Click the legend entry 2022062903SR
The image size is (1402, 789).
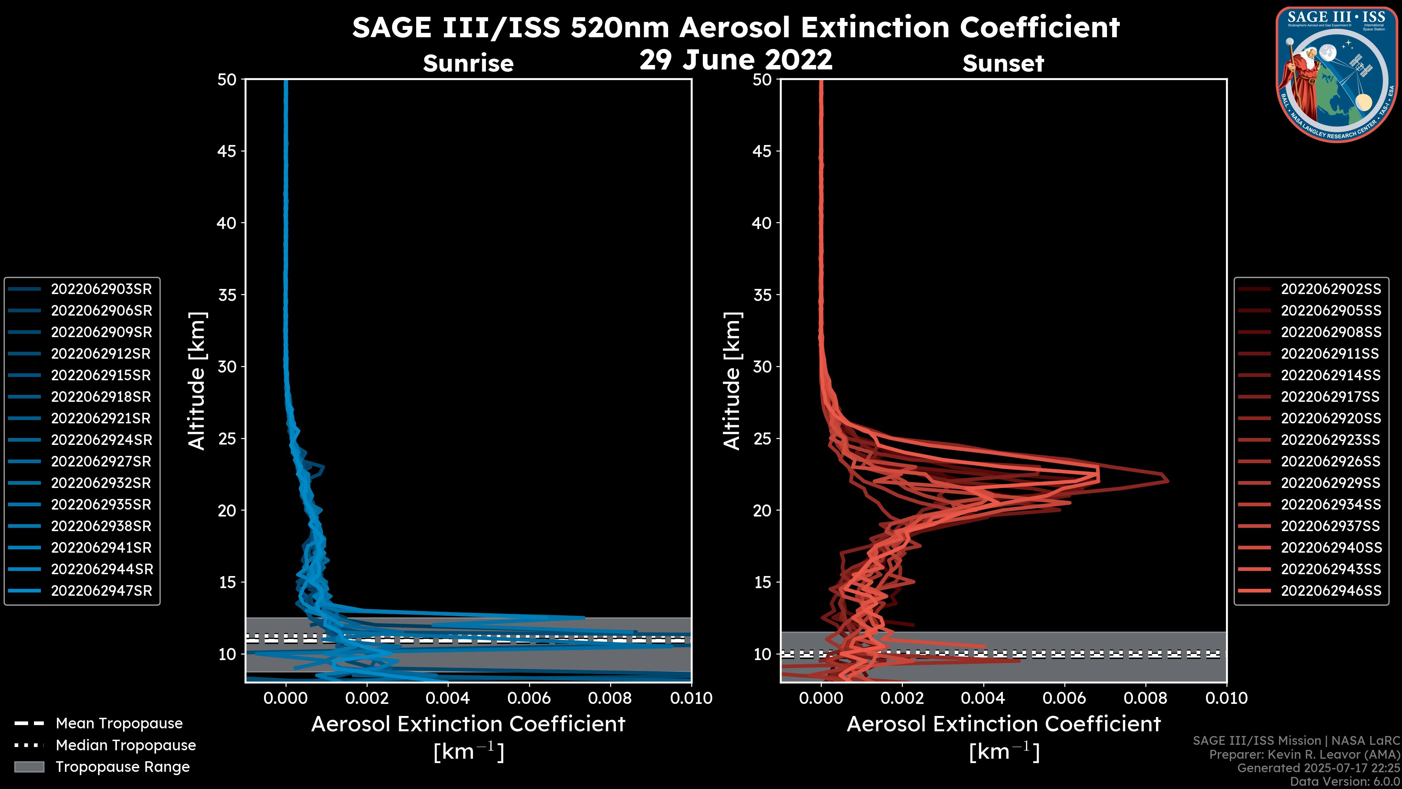tap(101, 289)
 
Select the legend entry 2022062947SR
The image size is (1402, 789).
tap(101, 591)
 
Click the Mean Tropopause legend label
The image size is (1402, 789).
tap(119, 724)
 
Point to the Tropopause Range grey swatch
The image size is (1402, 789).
tap(29, 767)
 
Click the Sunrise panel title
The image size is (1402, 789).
tap(468, 63)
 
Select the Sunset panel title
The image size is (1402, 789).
tap(1003, 63)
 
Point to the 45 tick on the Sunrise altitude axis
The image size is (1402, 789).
tap(227, 151)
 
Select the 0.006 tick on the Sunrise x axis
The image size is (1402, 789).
tap(528, 698)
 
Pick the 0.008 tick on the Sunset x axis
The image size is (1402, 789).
tap(1146, 698)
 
